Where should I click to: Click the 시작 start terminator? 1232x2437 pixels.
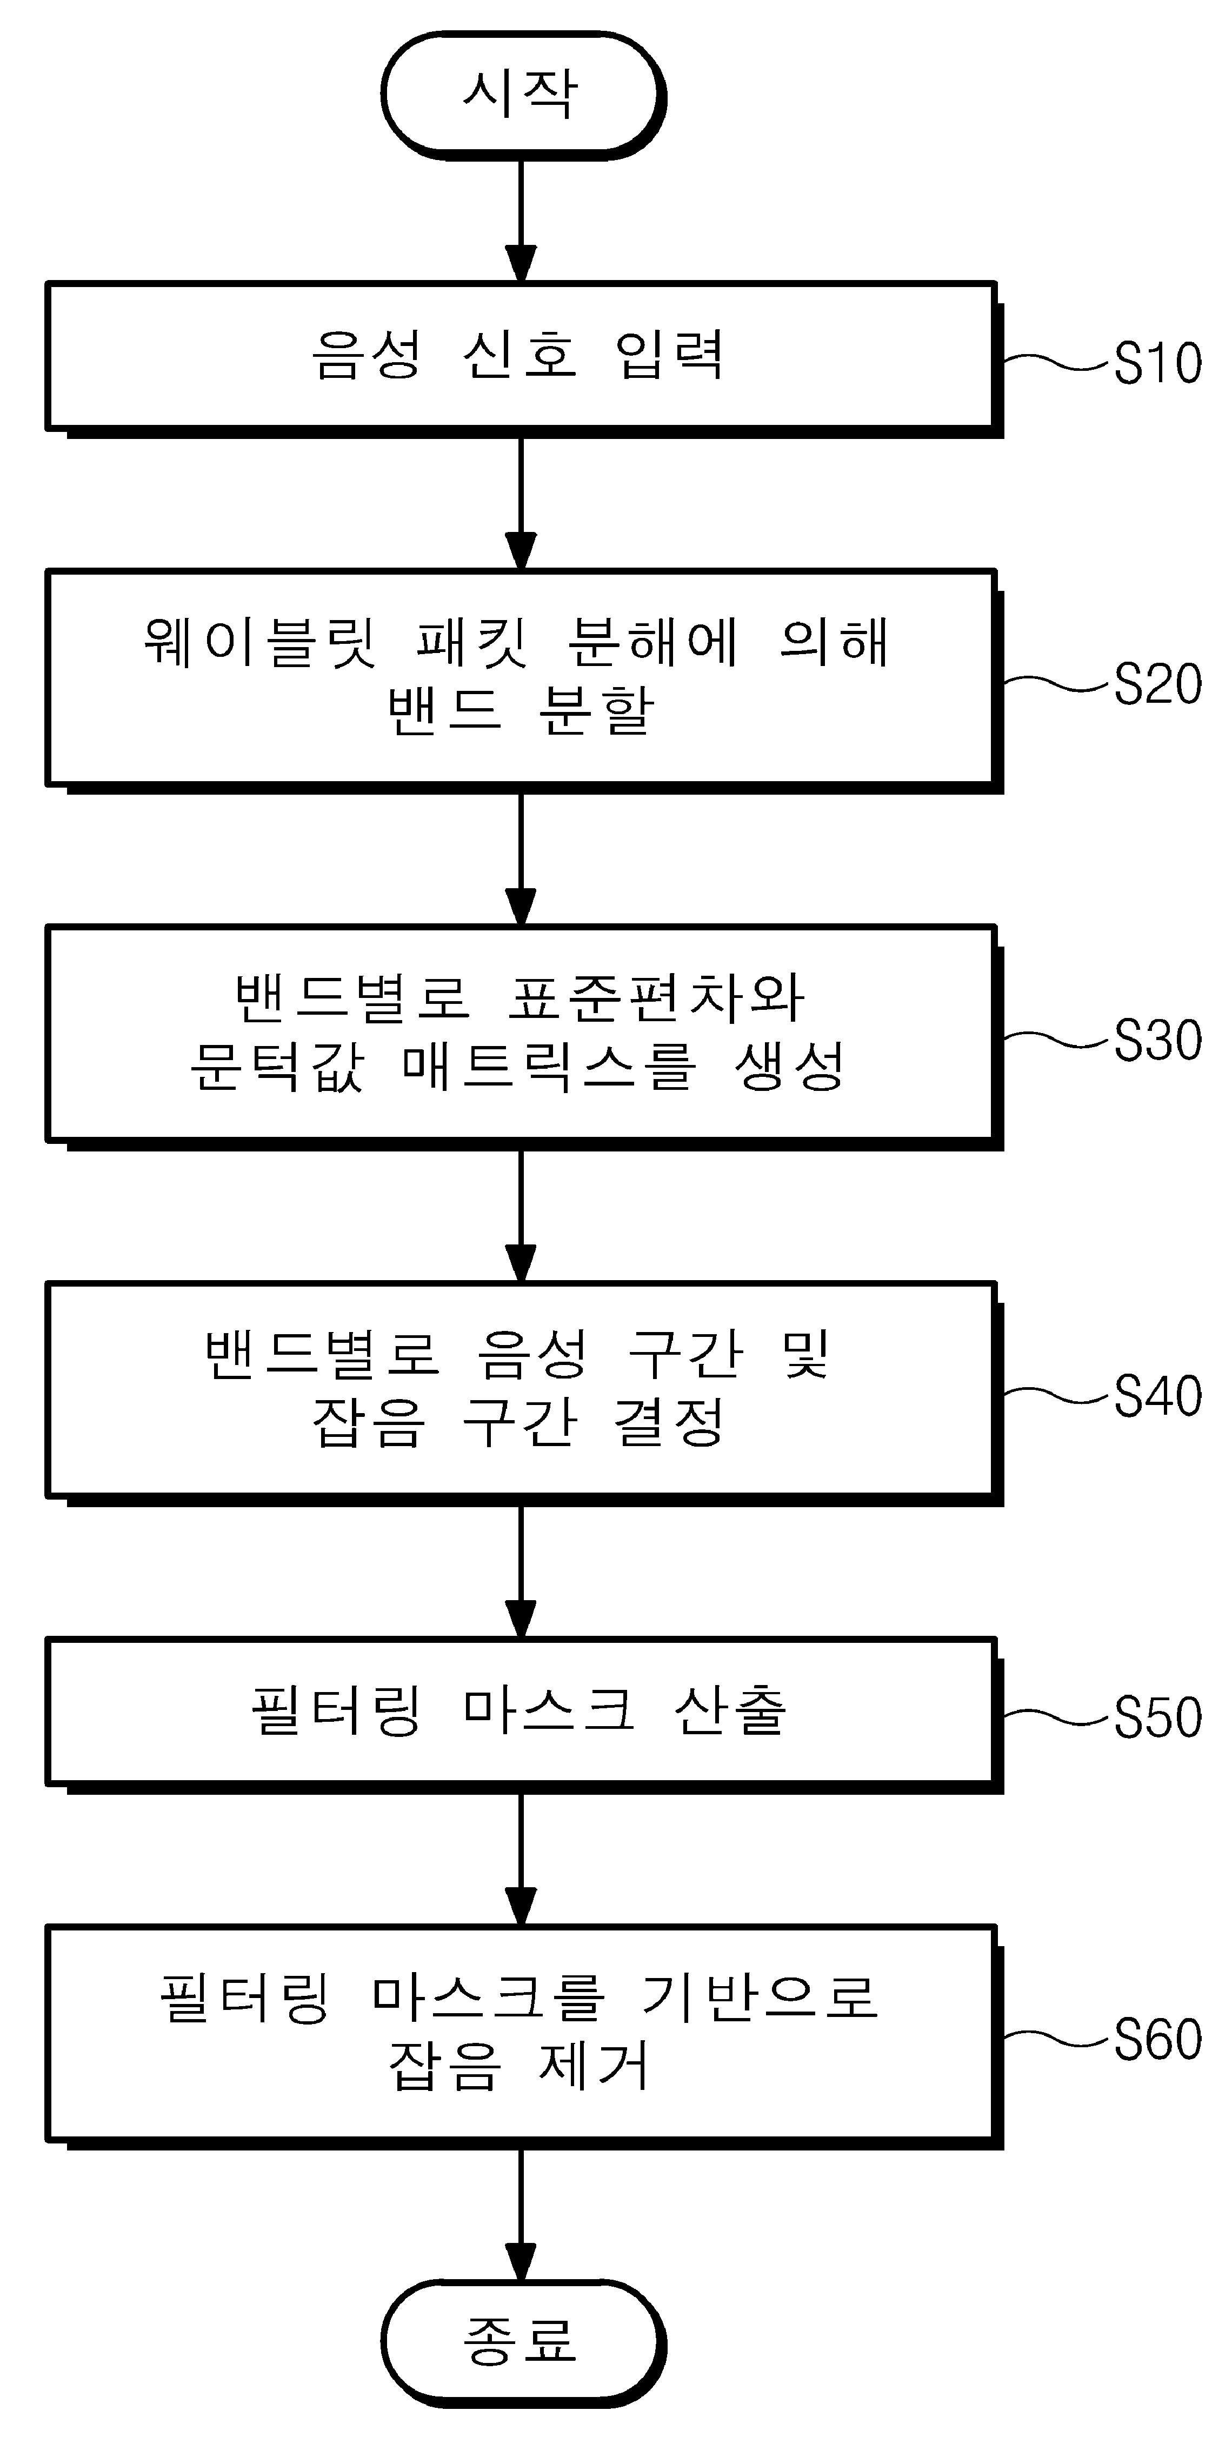(x=522, y=95)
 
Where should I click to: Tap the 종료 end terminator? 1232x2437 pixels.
(x=522, y=2341)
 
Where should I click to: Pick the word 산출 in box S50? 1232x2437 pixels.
(x=730, y=1710)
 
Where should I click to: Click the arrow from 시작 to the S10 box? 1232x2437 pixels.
(x=521, y=221)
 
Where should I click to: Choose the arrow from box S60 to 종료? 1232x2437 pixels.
(x=521, y=2214)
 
